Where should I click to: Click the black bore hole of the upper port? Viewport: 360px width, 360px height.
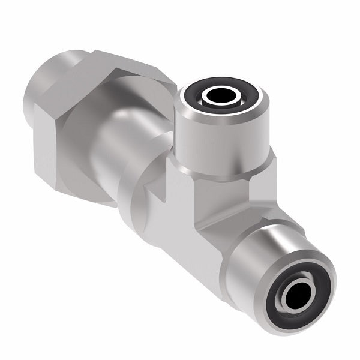(223, 95)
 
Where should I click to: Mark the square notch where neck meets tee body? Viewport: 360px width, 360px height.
(159, 192)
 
